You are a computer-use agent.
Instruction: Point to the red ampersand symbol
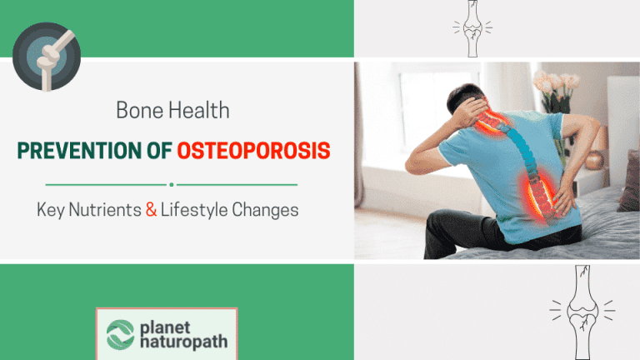point(151,210)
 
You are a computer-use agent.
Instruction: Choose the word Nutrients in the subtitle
point(101,210)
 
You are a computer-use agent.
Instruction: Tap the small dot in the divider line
point(171,184)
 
